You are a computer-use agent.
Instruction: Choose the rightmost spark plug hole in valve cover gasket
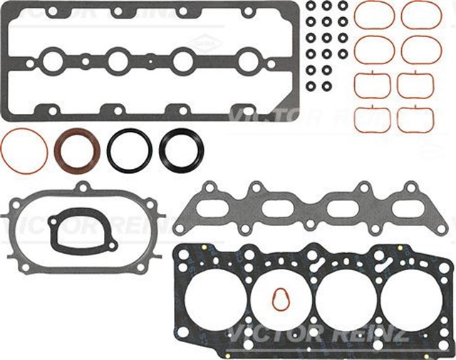[x=247, y=61]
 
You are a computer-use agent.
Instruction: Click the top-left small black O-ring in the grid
[x=311, y=6]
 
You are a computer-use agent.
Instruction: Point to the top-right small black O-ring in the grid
[x=343, y=6]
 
